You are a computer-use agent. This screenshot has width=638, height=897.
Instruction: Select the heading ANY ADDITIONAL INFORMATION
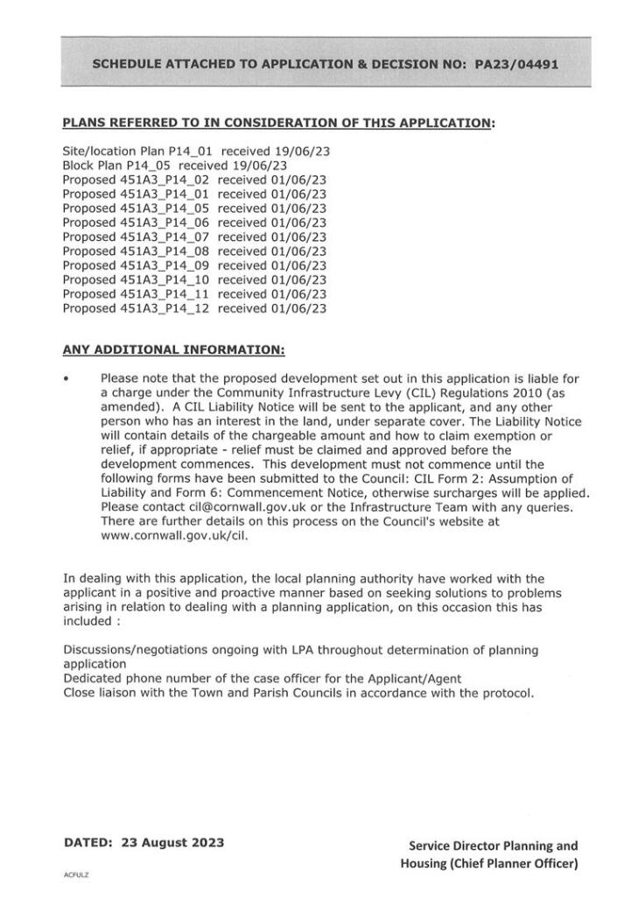coord(173,350)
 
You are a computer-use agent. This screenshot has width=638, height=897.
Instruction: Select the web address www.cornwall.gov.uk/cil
coord(174,535)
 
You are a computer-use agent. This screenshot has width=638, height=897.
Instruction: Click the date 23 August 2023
coord(171,843)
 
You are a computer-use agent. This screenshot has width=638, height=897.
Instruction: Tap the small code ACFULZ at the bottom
coord(77,873)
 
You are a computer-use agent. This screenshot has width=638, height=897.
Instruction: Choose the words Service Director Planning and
coord(493,845)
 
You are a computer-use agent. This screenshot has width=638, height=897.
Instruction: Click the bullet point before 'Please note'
coord(67,379)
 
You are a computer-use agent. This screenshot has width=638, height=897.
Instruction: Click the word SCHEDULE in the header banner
coord(127,64)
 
